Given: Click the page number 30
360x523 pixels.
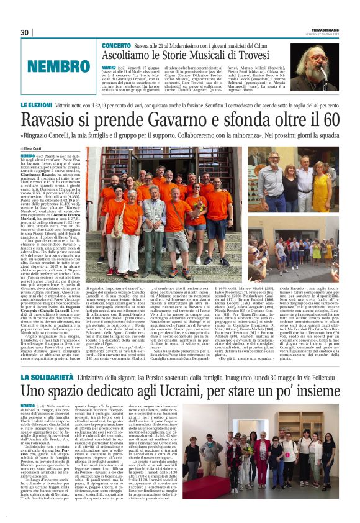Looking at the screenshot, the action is click(25, 32).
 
